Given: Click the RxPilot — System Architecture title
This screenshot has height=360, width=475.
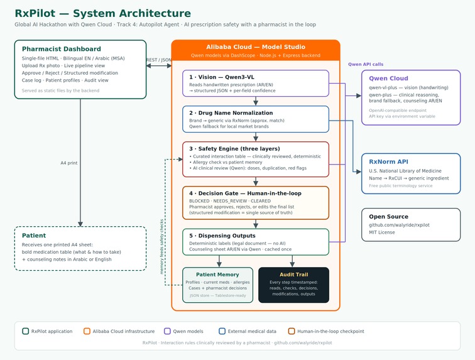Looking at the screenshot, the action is [x=102, y=13].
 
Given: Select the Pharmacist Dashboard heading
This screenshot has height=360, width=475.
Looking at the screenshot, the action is [x=61, y=49].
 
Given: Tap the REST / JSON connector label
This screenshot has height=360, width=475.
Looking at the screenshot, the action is [x=159, y=60].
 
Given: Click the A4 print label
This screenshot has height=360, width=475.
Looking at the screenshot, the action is [x=68, y=163].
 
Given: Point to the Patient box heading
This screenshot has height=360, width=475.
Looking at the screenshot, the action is [x=34, y=236].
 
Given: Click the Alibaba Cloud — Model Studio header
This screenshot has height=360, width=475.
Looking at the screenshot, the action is [x=256, y=47].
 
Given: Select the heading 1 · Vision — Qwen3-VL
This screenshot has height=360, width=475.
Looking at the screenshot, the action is [x=222, y=77].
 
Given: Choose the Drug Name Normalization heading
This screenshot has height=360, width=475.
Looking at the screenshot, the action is [x=231, y=112].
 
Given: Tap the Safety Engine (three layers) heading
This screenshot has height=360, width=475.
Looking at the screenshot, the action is [x=234, y=148].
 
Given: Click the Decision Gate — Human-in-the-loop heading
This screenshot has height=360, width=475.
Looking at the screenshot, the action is [x=246, y=194].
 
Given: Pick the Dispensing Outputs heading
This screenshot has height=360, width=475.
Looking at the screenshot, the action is [x=222, y=236].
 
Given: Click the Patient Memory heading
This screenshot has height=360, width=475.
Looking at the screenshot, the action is [x=217, y=275].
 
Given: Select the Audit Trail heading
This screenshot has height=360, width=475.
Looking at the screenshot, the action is [x=293, y=275].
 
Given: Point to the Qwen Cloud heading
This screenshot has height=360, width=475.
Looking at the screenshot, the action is [x=388, y=78].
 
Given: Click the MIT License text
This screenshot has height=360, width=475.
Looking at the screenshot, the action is [x=382, y=232].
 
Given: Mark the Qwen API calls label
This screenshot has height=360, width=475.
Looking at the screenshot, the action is [x=366, y=64].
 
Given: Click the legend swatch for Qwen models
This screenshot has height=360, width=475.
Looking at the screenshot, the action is [x=167, y=331].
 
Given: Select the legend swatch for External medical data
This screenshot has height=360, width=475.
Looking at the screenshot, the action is [x=222, y=331].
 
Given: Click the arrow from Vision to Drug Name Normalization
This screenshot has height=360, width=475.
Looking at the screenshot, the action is [x=256, y=101].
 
